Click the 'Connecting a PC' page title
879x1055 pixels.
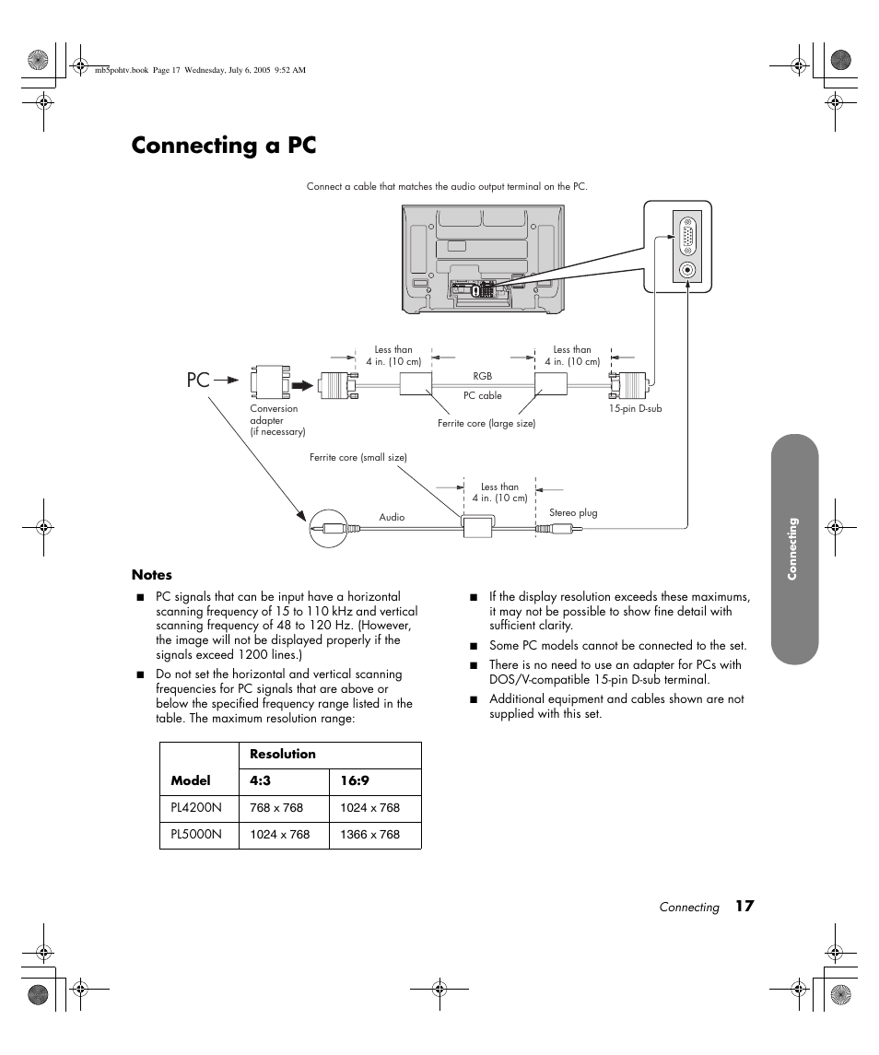point(224,146)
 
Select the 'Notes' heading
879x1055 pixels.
point(152,575)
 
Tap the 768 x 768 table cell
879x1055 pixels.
point(276,808)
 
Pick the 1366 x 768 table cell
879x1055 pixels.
point(370,835)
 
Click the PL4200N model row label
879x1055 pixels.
point(196,808)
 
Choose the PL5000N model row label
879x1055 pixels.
point(196,835)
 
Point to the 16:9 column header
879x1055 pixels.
point(355,781)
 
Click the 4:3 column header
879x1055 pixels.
point(260,781)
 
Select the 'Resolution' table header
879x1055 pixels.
point(283,754)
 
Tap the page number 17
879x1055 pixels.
point(744,907)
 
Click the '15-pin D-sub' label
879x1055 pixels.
point(635,408)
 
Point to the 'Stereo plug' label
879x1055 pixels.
point(573,513)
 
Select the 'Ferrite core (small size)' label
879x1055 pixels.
point(357,458)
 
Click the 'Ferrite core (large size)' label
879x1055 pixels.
point(486,424)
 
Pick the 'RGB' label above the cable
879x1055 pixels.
point(483,376)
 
